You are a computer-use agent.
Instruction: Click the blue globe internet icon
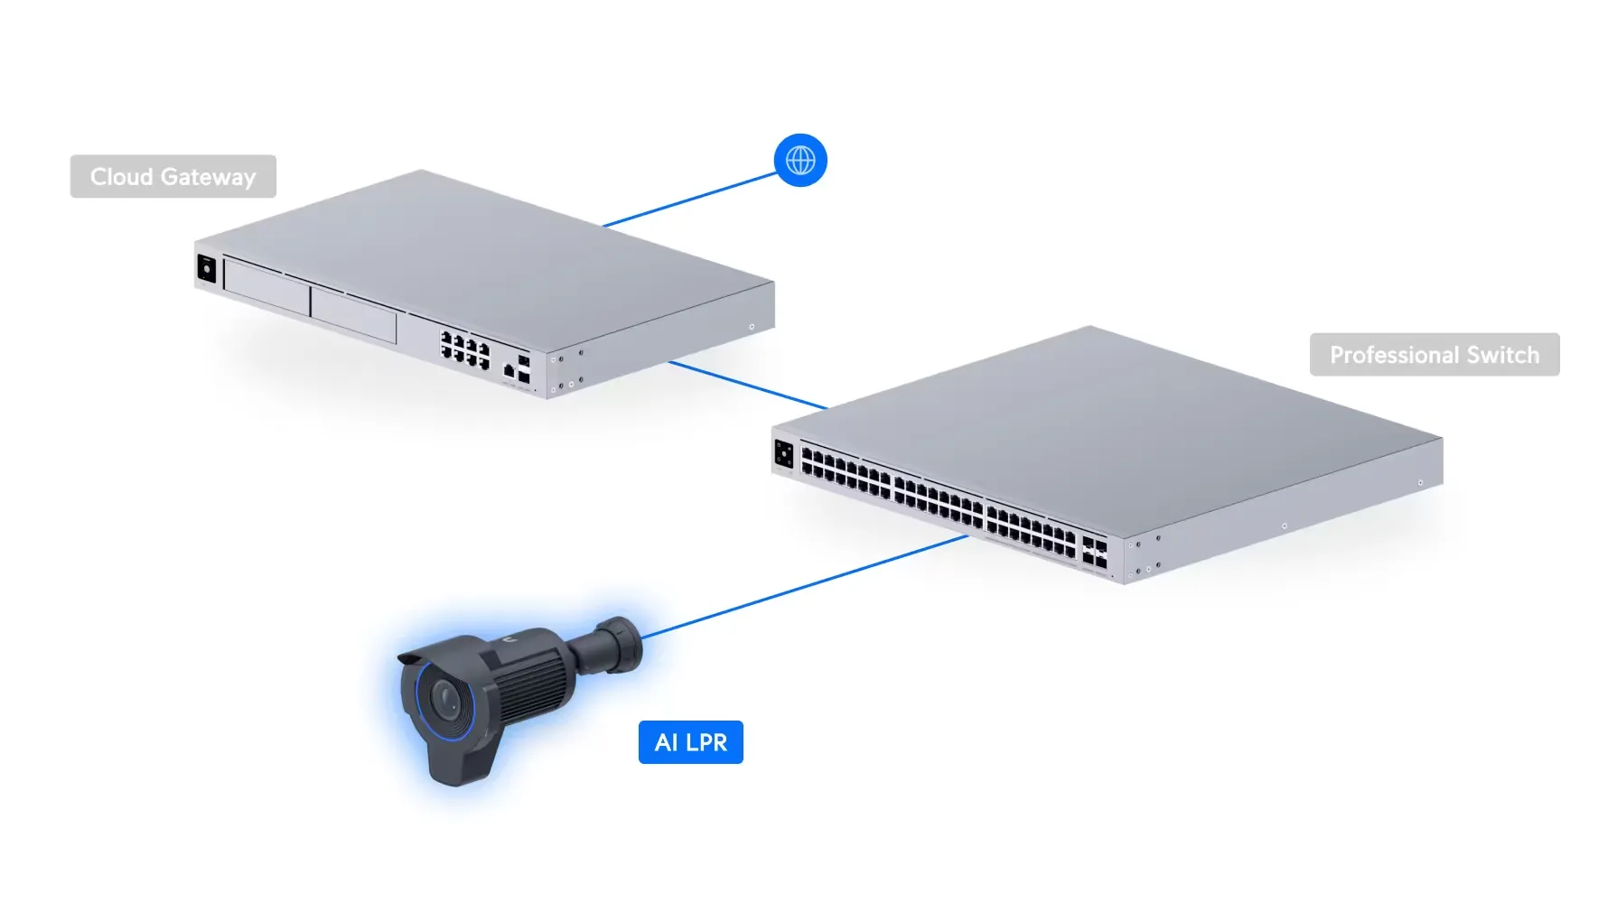[800, 161]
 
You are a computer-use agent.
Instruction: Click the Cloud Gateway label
[173, 177]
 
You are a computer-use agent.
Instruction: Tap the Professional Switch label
[1434, 355]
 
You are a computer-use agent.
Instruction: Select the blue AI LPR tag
[690, 742]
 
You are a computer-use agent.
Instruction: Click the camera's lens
[446, 698]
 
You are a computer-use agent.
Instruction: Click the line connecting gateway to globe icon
[691, 199]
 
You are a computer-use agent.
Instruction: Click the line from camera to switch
[804, 585]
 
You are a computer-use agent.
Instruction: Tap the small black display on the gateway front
[206, 269]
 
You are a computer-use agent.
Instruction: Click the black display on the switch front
[783, 454]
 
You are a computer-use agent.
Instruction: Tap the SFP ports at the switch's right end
[1094, 552]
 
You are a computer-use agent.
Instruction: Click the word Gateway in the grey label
[209, 177]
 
